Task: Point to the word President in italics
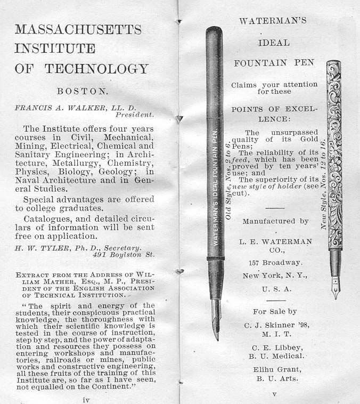(x=135, y=114)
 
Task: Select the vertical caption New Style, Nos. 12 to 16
(x=323, y=181)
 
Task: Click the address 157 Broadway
(x=275, y=263)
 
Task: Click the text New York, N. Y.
(x=275, y=276)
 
